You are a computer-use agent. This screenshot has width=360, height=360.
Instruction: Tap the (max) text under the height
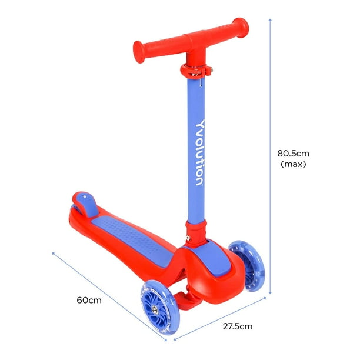(294, 165)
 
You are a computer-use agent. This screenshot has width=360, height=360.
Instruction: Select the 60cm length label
(88, 300)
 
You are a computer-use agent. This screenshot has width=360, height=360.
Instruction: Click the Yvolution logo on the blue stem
(199, 153)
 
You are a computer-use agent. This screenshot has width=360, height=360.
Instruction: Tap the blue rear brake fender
(84, 202)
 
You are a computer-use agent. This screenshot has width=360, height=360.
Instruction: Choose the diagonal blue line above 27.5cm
(224, 318)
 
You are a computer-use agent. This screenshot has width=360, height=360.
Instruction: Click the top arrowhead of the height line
(271, 19)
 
